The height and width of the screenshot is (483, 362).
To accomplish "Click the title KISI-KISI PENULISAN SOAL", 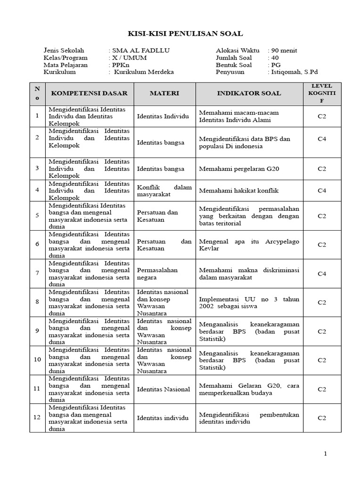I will coord(186,33).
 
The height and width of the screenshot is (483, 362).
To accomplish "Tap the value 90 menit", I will coord(282,50).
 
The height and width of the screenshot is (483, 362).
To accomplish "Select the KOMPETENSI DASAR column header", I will coord(89,93).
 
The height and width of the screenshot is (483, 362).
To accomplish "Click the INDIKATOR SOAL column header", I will coord(249,93).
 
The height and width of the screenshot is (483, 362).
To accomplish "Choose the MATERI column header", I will coord(165,93).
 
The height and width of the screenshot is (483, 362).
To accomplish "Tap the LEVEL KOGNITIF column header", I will coord(321,93).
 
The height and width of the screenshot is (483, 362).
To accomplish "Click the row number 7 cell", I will coord(37,274).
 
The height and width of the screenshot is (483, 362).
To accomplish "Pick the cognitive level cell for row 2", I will coord(321,142).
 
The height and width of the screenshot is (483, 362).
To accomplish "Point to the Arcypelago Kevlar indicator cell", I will coord(249,245).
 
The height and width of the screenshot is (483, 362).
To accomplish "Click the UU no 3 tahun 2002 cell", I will coord(249,302).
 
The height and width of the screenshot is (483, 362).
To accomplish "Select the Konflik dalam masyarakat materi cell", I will coord(165,191).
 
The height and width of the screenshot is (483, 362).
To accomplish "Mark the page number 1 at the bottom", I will coord(325,454).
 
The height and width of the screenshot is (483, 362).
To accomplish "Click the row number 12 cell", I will coord(37,418).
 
